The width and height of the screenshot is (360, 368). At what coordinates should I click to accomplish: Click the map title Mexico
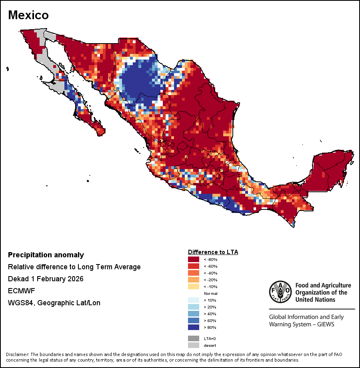[28, 15]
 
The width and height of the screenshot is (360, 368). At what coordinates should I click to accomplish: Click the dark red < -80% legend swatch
[194, 260]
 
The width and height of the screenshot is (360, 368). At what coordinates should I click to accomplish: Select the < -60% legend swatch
[194, 267]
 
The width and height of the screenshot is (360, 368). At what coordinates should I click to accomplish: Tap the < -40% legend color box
[194, 273]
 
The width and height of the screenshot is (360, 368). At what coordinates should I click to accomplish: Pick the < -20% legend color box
[194, 280]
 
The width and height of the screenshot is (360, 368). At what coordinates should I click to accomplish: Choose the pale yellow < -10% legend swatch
[194, 287]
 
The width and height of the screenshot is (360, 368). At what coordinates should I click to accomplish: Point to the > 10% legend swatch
[194, 300]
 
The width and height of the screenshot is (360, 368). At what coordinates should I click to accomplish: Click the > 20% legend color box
[194, 307]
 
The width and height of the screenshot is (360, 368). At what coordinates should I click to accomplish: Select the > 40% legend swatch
[194, 314]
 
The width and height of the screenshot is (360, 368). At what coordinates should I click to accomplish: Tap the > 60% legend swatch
[194, 320]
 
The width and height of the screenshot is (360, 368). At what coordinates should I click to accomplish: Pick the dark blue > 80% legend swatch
[194, 327]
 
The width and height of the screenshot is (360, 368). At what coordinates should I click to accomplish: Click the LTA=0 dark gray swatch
[194, 338]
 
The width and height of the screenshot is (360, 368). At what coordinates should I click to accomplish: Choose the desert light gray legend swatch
[194, 345]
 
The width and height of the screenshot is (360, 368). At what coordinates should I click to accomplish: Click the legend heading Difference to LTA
[213, 252]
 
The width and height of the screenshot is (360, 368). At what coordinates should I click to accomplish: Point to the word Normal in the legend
[210, 294]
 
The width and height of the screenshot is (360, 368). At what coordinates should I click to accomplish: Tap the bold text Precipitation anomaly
[46, 255]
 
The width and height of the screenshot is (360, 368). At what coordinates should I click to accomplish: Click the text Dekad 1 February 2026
[46, 279]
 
